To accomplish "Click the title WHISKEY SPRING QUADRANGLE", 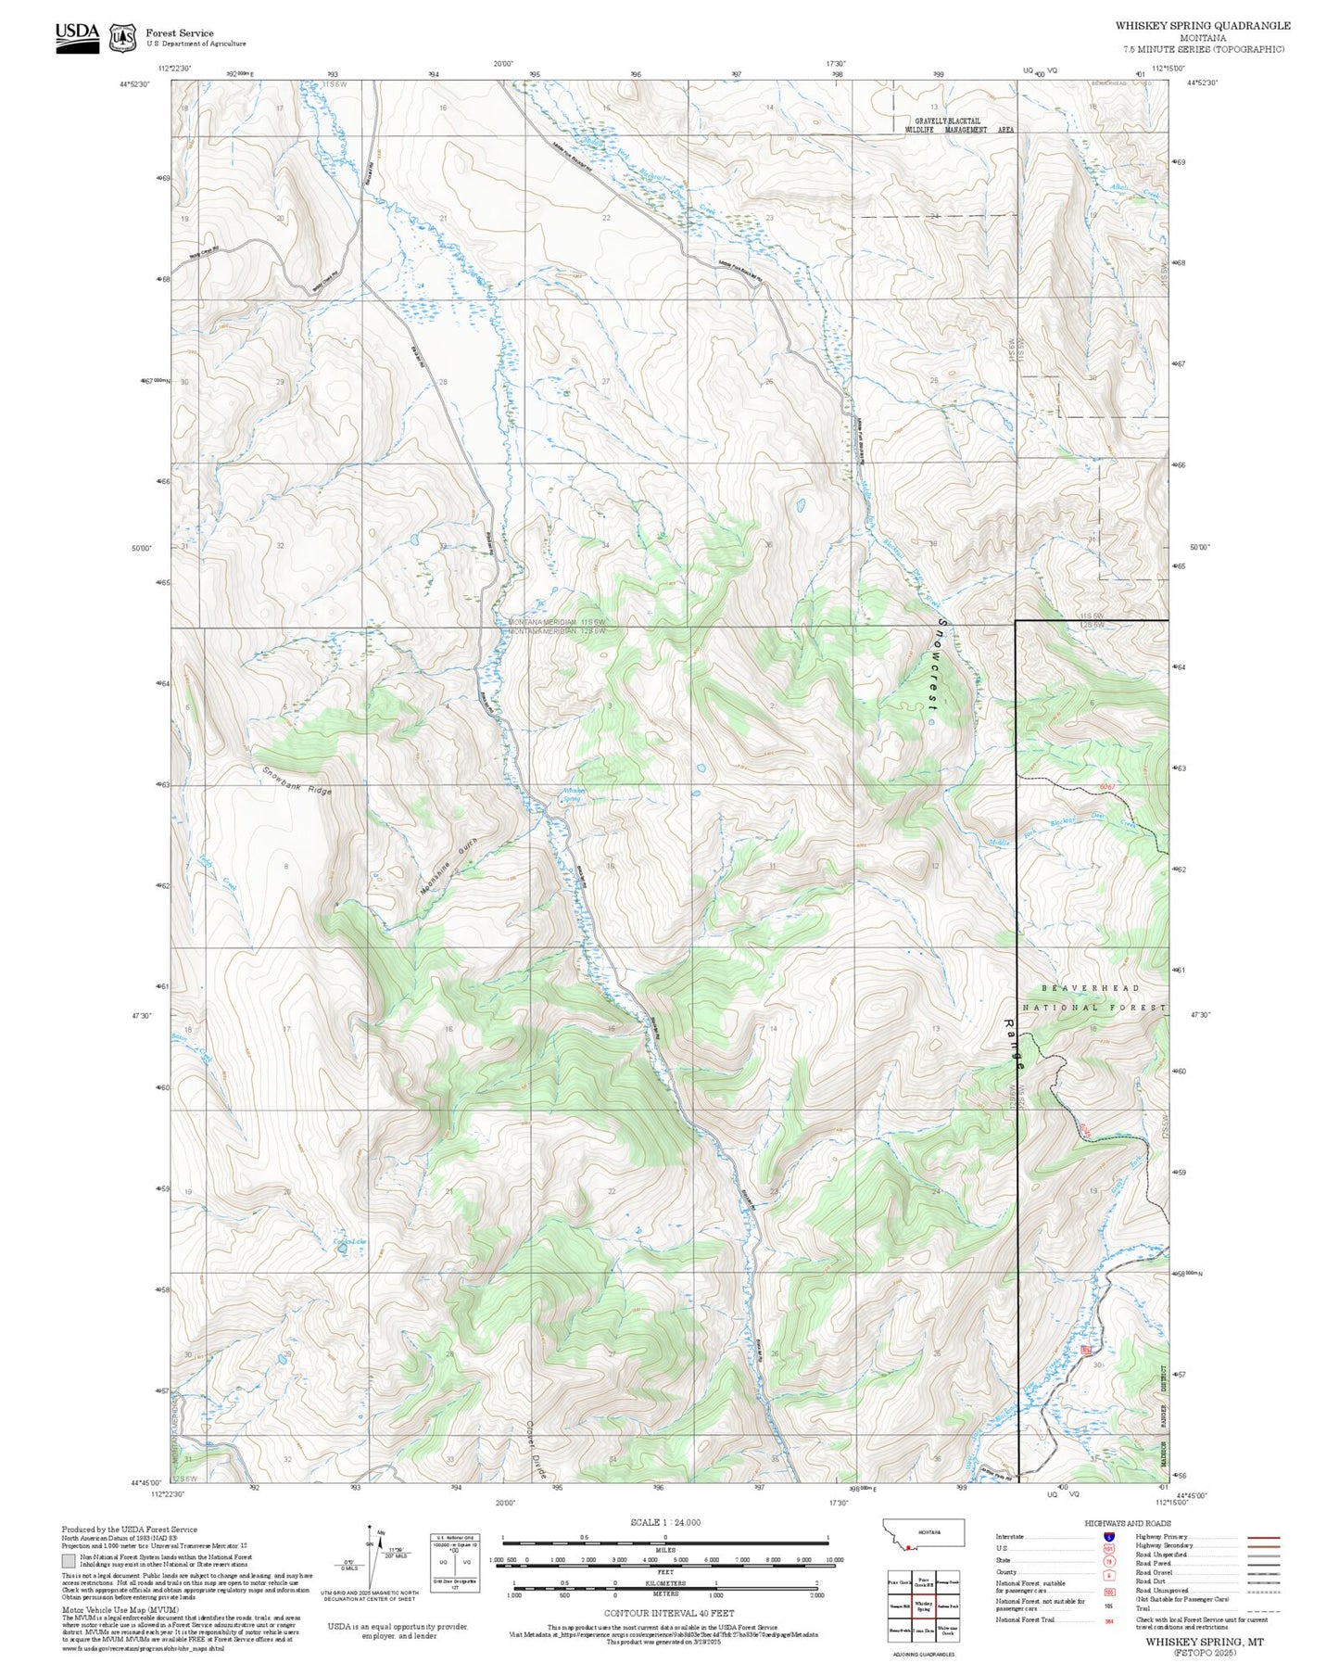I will point(1202,26).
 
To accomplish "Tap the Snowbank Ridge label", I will point(297,781).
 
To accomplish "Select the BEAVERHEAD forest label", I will point(1090,988).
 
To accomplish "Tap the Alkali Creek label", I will point(1135,190).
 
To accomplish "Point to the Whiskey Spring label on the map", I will point(572,794).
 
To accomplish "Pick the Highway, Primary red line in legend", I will point(1264,1537).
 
